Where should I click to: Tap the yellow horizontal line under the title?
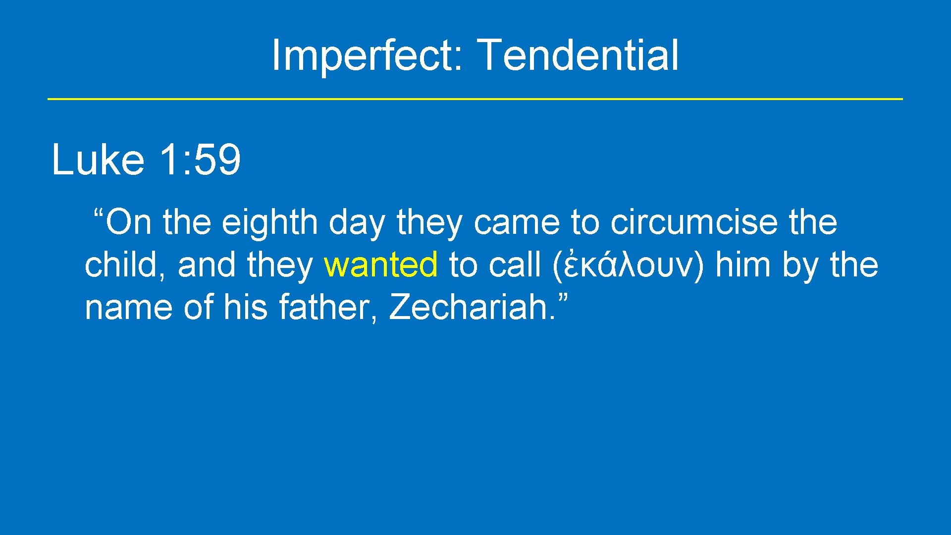[x=475, y=99]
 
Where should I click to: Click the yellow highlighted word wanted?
[x=380, y=265]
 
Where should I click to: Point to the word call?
[x=515, y=265]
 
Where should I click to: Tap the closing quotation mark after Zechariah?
[x=563, y=299]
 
